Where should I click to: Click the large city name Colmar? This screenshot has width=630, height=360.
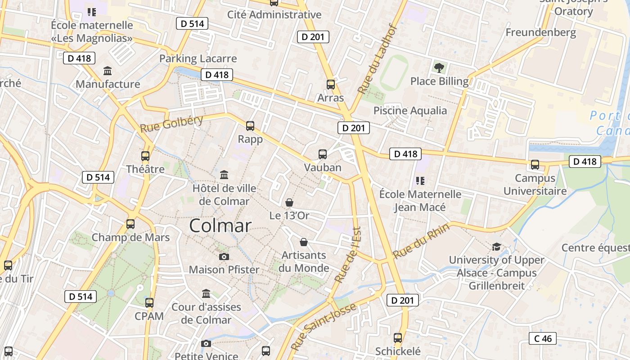click(x=220, y=225)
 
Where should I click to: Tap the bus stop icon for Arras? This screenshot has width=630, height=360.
click(x=331, y=84)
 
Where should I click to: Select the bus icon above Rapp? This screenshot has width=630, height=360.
click(x=250, y=126)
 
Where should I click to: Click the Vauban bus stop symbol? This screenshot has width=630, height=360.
click(x=323, y=154)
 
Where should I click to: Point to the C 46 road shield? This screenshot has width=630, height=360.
click(x=542, y=338)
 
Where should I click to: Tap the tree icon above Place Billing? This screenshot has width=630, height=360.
click(x=439, y=68)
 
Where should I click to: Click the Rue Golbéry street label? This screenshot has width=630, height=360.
click(x=171, y=124)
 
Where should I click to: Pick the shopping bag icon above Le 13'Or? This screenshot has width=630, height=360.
click(x=289, y=202)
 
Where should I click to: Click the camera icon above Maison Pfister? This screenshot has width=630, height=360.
click(x=224, y=256)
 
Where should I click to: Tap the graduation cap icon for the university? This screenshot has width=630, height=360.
click(x=496, y=247)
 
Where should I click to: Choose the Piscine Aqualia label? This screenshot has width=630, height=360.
click(x=410, y=111)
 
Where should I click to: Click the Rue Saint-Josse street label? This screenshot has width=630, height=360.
click(x=324, y=327)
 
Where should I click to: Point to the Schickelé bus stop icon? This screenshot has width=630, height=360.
click(x=398, y=337)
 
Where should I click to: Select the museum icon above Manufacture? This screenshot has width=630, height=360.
click(x=108, y=71)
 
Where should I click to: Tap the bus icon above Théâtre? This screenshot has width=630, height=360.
click(x=145, y=156)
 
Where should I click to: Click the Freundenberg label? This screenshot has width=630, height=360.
click(x=540, y=32)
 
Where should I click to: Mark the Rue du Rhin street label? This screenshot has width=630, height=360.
click(x=421, y=241)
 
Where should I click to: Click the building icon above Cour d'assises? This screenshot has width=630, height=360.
click(x=206, y=293)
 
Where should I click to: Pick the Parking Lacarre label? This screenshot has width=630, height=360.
click(x=198, y=58)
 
